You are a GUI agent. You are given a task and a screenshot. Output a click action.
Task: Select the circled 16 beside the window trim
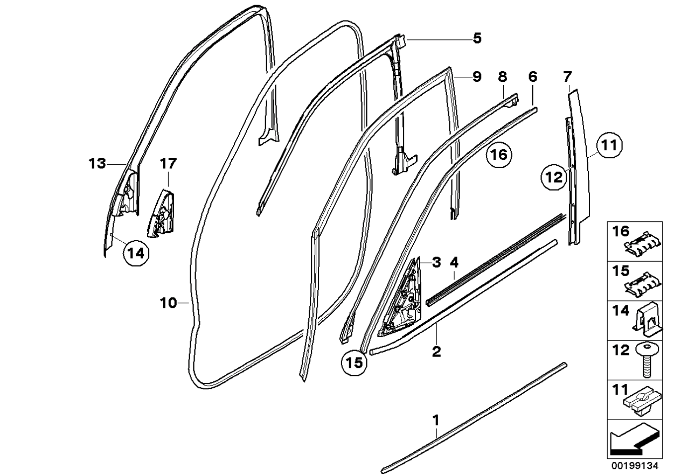click(x=499, y=155)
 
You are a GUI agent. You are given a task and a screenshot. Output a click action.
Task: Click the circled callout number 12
click(x=555, y=176)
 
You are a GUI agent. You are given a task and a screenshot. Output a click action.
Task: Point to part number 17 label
click(x=168, y=163)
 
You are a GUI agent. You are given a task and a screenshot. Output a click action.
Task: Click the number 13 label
click(x=98, y=164)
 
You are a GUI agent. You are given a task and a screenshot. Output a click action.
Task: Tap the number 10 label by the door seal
click(x=168, y=303)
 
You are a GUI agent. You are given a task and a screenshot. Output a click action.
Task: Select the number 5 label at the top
click(x=477, y=38)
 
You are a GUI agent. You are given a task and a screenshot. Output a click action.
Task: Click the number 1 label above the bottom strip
click(x=437, y=419)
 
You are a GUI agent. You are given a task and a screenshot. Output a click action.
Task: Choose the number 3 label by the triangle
click(x=436, y=263)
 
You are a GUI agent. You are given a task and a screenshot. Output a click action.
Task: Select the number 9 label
click(x=477, y=77)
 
